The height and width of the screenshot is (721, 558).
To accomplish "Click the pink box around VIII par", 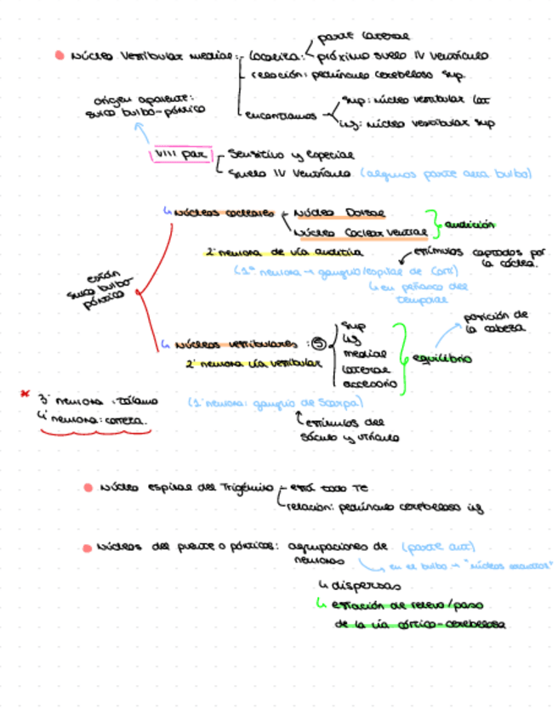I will (180, 155).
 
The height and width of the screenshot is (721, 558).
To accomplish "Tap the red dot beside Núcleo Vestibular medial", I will (60, 56).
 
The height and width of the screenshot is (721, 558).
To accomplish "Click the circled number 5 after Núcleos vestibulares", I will (318, 343).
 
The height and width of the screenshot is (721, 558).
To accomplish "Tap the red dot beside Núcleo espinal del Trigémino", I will (88, 488).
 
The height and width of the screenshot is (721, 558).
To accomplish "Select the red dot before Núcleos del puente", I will (88, 547).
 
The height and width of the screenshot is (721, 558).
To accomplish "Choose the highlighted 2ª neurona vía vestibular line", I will (253, 364).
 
